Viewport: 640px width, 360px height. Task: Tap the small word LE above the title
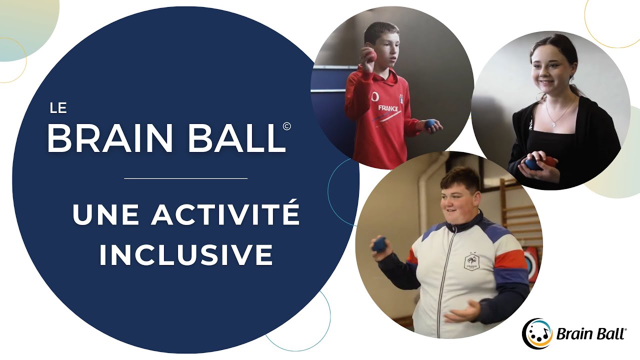pyautogui.click(x=58, y=108)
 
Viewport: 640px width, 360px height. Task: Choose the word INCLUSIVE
pyautogui.click(x=186, y=254)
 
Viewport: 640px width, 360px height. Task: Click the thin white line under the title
pyautogui.click(x=185, y=178)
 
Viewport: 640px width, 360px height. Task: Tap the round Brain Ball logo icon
pyautogui.click(x=536, y=333)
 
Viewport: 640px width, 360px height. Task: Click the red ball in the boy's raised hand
pyautogui.click(x=371, y=55)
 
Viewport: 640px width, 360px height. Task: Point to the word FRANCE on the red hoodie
pyautogui.click(x=388, y=108)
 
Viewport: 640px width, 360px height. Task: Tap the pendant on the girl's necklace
pyautogui.click(x=552, y=123)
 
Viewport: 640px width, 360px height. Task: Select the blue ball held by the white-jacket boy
pyautogui.click(x=379, y=244)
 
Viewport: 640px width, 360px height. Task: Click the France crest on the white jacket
pyautogui.click(x=471, y=261)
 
